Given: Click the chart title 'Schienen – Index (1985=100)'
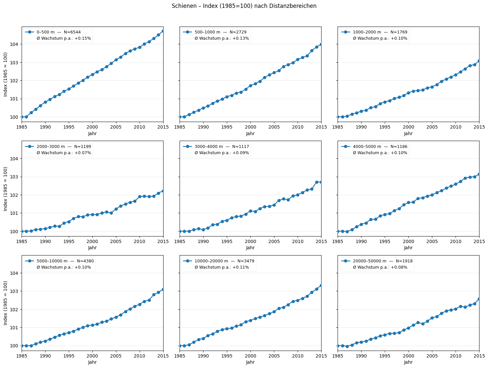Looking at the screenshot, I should (244, 6).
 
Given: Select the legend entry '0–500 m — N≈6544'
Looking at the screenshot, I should (58, 32).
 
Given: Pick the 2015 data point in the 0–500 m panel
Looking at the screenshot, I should (163, 31).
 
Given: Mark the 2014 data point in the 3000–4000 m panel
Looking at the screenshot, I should (317, 182).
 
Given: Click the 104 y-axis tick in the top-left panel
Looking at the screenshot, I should (15, 44).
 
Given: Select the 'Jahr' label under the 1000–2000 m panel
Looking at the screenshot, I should (408, 134).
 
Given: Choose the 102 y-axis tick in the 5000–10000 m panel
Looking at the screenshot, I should (15, 310).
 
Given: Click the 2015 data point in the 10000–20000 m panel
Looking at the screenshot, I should (321, 285).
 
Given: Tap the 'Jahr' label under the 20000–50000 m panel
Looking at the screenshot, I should (408, 362).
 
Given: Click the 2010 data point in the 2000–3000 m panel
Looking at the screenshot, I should (140, 196).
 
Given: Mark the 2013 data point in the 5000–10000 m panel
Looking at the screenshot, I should (154, 295).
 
